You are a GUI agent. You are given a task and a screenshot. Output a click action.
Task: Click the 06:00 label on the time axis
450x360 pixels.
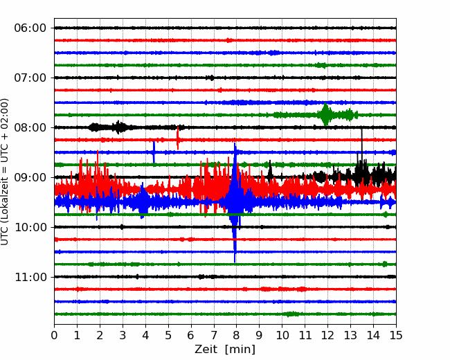30,28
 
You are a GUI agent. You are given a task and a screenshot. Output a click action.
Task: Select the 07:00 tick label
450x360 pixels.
30,78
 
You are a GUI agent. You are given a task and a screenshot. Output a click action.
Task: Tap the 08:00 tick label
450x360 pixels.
30,127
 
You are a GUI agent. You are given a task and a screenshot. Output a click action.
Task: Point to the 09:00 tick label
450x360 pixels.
30,177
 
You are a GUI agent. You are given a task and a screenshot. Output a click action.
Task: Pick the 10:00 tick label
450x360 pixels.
30,227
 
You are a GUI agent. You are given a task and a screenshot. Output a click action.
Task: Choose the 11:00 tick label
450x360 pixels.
30,277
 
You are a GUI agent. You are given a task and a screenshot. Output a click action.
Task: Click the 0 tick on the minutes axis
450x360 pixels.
54,335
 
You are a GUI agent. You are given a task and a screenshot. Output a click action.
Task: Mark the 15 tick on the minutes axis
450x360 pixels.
396,335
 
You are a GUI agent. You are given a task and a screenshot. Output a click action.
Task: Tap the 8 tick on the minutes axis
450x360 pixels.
237,335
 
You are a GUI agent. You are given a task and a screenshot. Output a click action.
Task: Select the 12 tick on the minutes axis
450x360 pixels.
327,335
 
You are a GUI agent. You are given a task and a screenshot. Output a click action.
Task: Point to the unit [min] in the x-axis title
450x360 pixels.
240,350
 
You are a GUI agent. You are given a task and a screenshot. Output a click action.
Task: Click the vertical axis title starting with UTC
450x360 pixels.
5,172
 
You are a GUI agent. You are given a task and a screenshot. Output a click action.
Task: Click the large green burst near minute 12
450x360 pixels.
325,114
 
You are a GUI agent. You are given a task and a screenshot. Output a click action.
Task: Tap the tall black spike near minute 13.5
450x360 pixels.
361,150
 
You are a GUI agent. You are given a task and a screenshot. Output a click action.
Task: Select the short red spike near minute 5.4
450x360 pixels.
178,138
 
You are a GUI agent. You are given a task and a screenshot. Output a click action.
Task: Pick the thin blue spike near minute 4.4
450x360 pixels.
154,152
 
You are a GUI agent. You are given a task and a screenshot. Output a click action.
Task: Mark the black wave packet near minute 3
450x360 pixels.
118,127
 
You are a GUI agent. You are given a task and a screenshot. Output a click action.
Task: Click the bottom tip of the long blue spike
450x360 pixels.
235,262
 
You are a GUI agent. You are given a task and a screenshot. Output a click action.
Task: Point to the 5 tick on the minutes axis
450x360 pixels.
168,335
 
